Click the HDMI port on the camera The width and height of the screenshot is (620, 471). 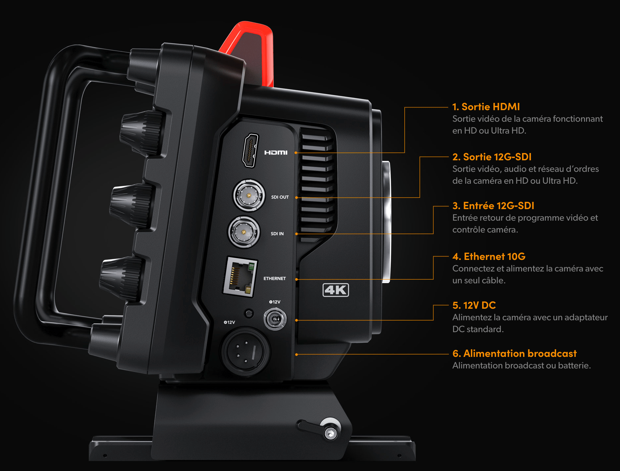tap(250, 150)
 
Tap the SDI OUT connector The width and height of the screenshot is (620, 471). tap(249, 196)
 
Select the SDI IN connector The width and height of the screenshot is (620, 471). tap(244, 232)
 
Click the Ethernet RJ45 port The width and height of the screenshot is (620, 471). tap(240, 277)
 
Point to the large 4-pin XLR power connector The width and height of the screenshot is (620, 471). tap(246, 352)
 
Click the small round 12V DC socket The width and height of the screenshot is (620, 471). tap(275, 319)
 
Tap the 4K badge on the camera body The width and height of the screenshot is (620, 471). tap(335, 290)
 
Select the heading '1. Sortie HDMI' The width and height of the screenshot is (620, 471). tap(486, 107)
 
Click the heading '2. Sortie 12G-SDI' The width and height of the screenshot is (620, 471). tap(492, 157)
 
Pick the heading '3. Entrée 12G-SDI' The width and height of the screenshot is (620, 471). tap(493, 206)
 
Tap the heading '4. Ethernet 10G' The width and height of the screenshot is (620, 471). tap(489, 257)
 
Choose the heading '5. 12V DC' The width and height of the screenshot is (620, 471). tap(474, 305)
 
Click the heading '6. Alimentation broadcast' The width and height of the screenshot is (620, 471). tap(514, 354)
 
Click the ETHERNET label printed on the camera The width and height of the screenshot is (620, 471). tap(274, 279)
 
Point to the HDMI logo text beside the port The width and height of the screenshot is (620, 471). tap(276, 152)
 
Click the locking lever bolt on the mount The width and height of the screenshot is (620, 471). tap(330, 433)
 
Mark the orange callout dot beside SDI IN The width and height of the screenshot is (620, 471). tap(296, 234)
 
